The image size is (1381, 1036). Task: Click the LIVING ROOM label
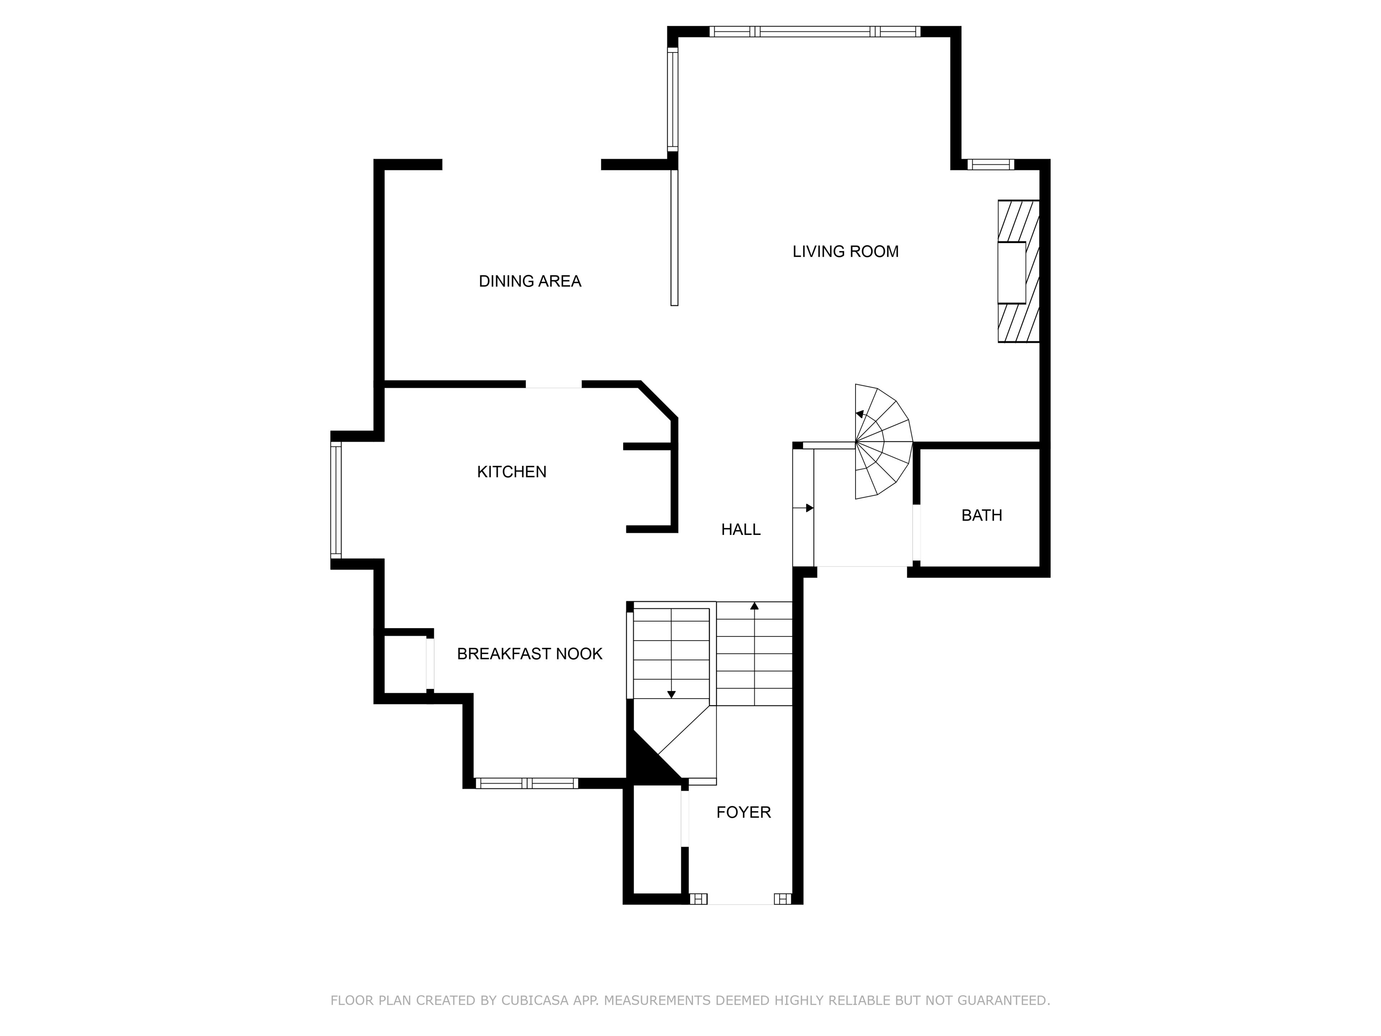[x=846, y=252]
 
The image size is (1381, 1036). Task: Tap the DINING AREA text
[x=530, y=282]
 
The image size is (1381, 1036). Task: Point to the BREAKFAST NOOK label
[x=529, y=654]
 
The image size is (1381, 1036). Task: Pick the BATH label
[x=981, y=515]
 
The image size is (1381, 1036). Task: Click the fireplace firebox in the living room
[x=1011, y=272]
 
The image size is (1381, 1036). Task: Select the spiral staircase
[x=883, y=441]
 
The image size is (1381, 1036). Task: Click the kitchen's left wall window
[x=336, y=500]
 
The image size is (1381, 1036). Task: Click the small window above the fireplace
[x=991, y=165]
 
